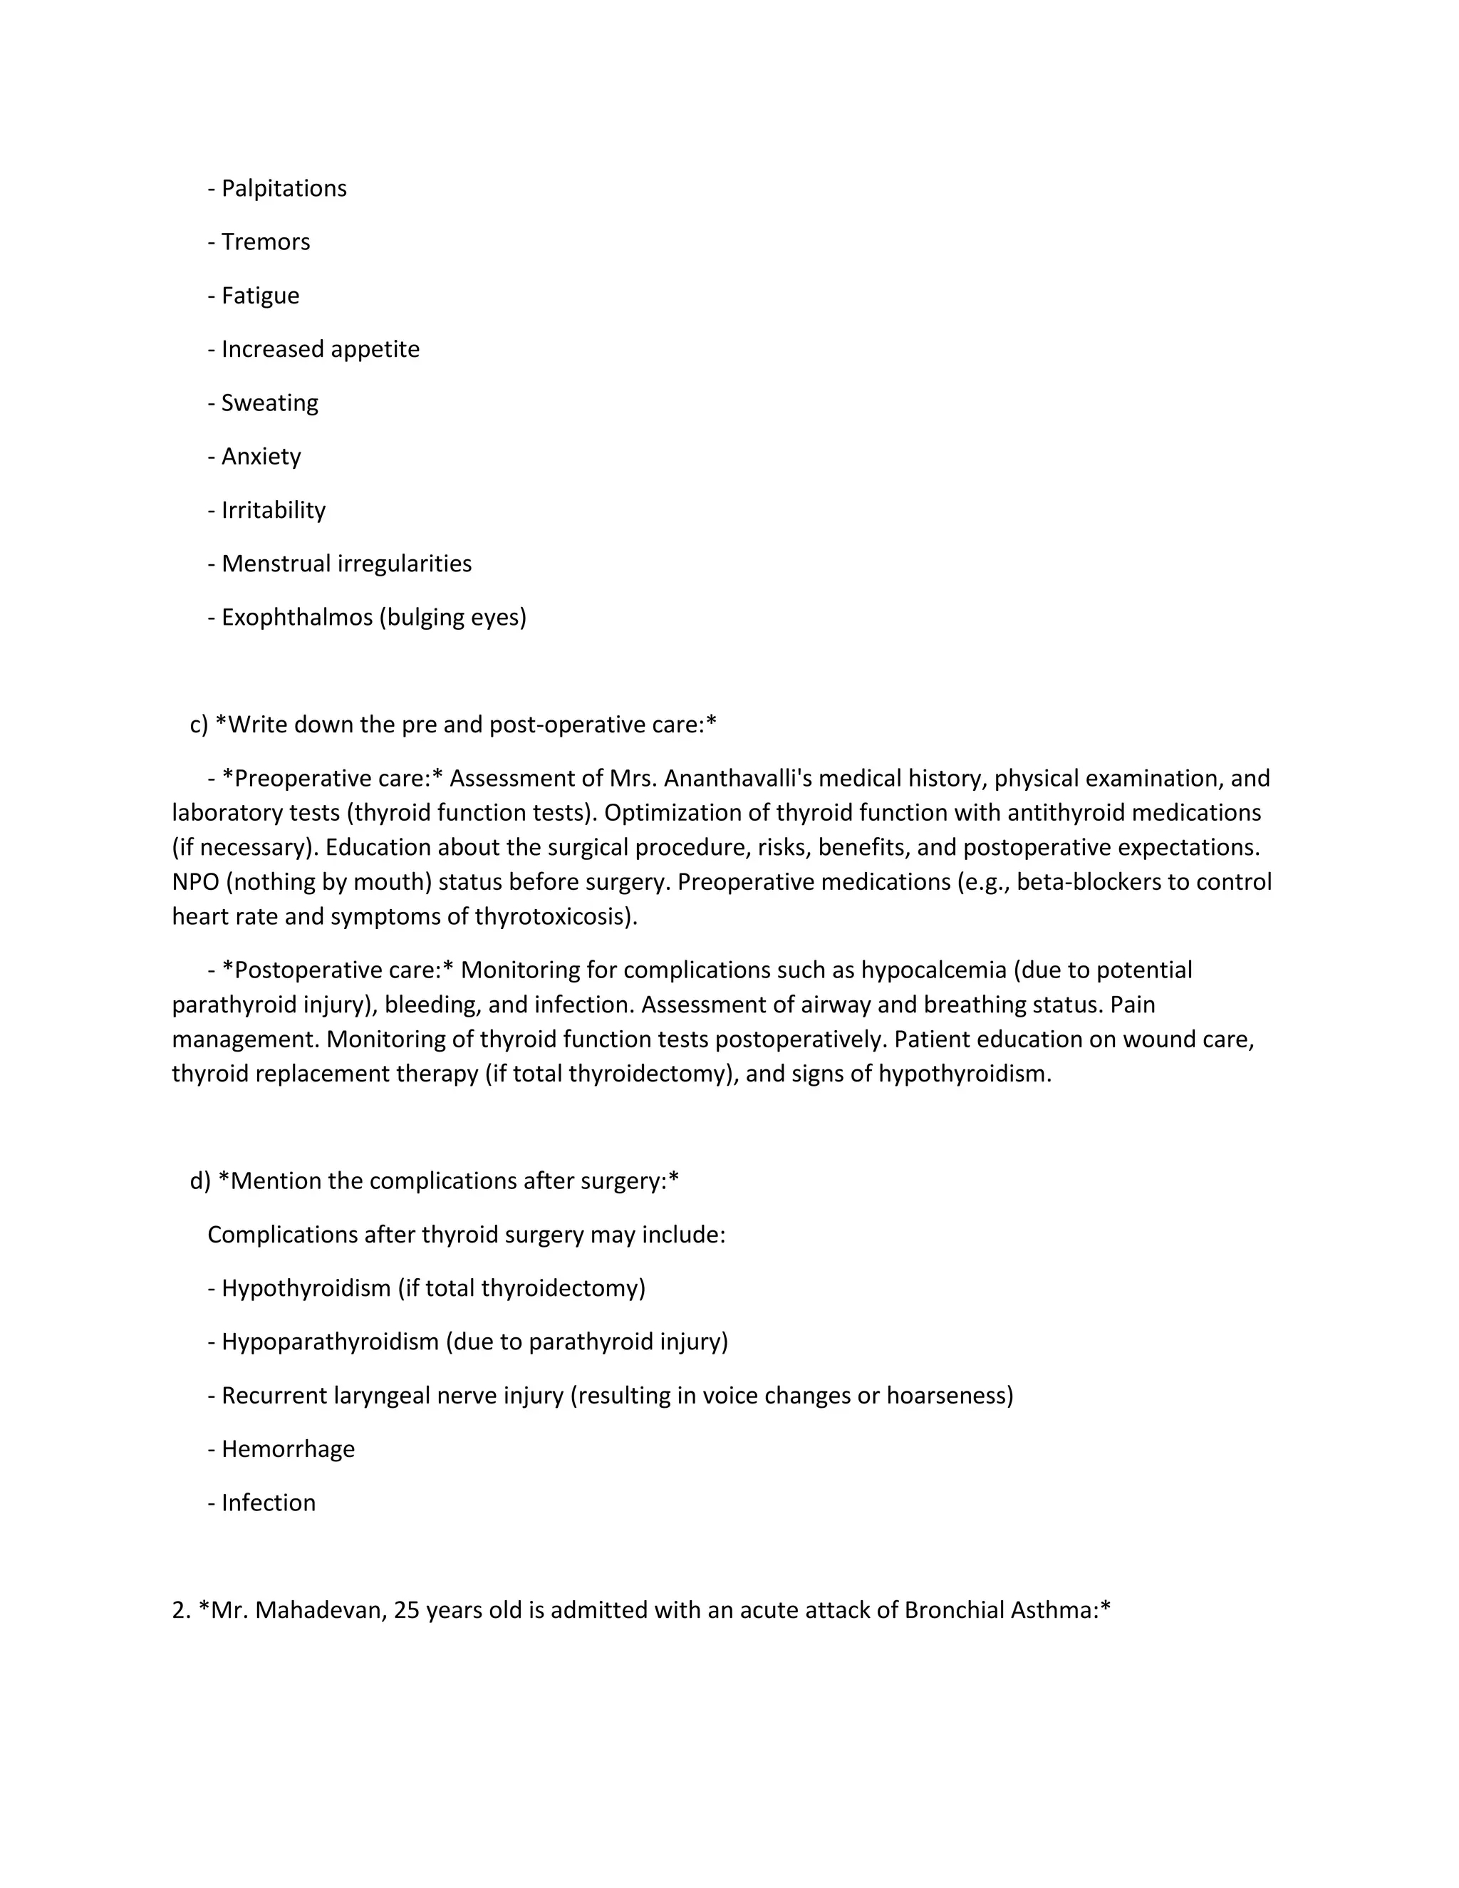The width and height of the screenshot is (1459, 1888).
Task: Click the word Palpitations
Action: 284,189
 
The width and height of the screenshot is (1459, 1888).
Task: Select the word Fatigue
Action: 260,296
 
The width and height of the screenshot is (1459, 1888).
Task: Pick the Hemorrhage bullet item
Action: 288,1449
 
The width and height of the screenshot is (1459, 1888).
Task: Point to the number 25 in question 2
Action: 406,1609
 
